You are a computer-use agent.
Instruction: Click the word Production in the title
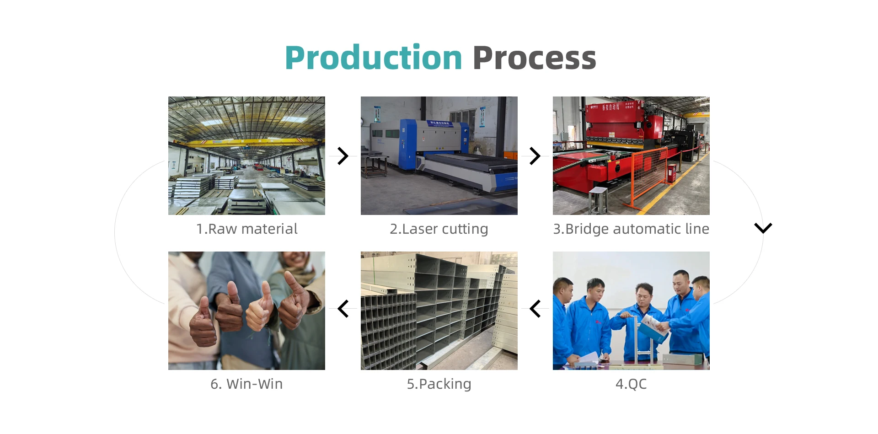[373, 58]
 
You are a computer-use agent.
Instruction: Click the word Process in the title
[535, 58]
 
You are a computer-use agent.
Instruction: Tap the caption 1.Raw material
[247, 229]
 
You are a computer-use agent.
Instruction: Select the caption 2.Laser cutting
[439, 229]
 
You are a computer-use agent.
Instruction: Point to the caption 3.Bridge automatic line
[631, 229]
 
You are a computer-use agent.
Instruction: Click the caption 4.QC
[631, 384]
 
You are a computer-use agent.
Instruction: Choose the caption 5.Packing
[439, 384]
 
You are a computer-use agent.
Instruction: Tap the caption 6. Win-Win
[246, 384]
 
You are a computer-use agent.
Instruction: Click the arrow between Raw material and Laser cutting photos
[343, 156]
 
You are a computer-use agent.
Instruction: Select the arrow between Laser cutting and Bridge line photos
[535, 156]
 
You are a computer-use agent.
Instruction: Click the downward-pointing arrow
[763, 228]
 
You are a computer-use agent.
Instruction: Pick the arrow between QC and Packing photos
[535, 309]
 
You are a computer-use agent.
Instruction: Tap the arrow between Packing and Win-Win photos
[343, 309]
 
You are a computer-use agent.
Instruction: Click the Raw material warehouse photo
[246, 155]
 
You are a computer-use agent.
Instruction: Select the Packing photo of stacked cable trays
[439, 311]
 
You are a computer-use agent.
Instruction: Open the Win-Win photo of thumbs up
[246, 311]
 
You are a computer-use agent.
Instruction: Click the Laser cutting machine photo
[439, 155]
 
